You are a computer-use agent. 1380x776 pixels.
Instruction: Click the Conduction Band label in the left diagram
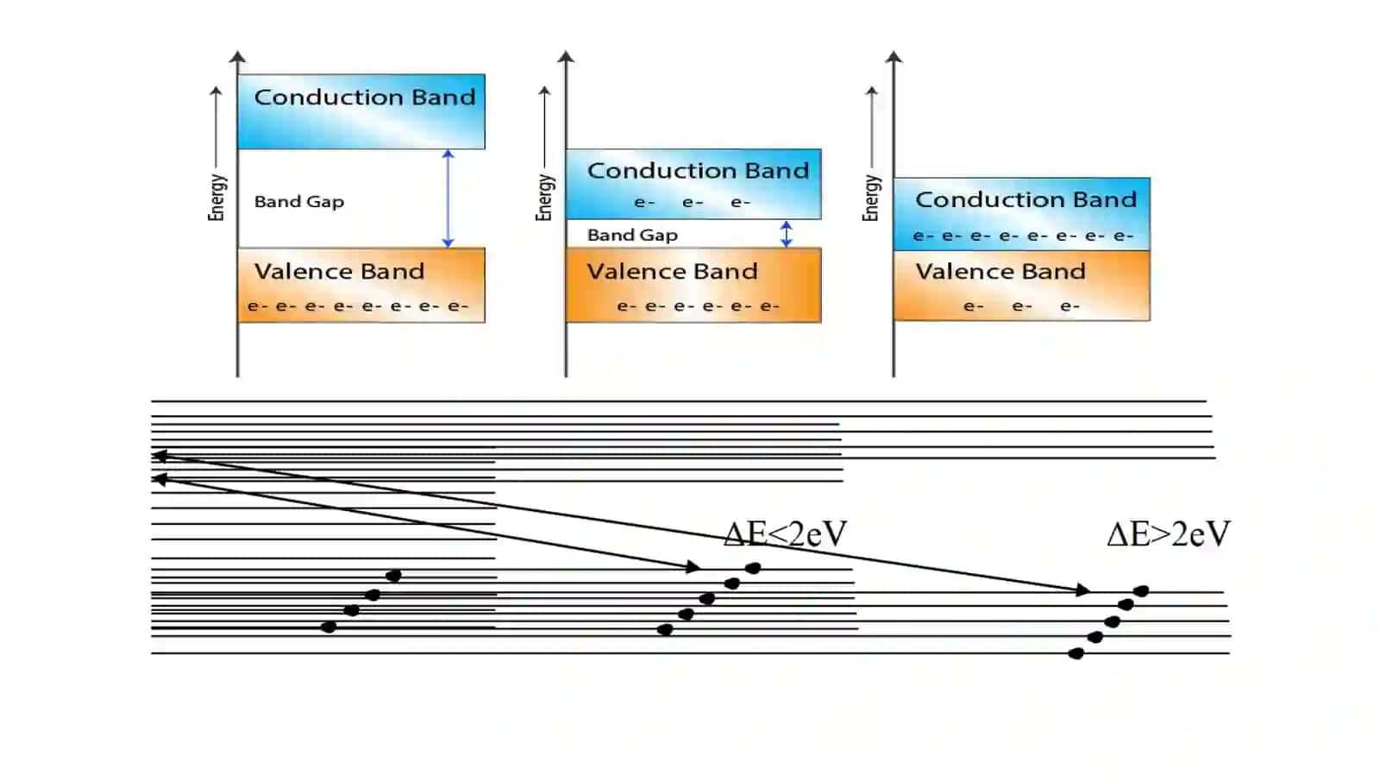pos(365,97)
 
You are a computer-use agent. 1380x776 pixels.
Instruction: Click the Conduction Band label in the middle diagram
pos(698,170)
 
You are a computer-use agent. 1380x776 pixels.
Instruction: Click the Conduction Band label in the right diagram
pos(1026,199)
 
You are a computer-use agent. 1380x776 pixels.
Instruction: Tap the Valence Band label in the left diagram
pos(340,271)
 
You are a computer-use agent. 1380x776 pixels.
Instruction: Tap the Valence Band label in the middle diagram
pos(672,271)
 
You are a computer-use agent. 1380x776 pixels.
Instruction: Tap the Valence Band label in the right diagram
pos(1000,271)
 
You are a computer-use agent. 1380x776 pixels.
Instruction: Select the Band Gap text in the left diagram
pos(298,201)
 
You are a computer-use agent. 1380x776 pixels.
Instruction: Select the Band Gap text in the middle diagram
pos(632,235)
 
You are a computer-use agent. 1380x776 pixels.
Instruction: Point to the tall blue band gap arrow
pos(448,199)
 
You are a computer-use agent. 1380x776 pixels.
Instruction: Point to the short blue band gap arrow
pos(786,234)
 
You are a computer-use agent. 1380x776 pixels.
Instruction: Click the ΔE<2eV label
pos(786,533)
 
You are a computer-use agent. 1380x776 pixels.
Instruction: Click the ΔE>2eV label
pos(1169,533)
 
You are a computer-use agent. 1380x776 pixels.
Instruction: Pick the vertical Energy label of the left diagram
pos(216,197)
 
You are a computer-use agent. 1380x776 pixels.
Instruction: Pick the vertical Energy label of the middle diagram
pos(544,197)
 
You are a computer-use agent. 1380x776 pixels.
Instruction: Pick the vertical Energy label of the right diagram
pos(871,197)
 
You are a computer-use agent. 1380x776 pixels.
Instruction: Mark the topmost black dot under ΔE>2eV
pos(1141,591)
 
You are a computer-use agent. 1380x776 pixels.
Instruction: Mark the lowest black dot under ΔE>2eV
pos(1076,653)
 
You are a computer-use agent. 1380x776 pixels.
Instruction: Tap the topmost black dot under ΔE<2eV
pos(753,568)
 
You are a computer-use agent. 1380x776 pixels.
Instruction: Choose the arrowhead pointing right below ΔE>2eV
pos(1082,590)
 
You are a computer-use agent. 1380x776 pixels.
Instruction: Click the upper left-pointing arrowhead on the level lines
pos(160,456)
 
